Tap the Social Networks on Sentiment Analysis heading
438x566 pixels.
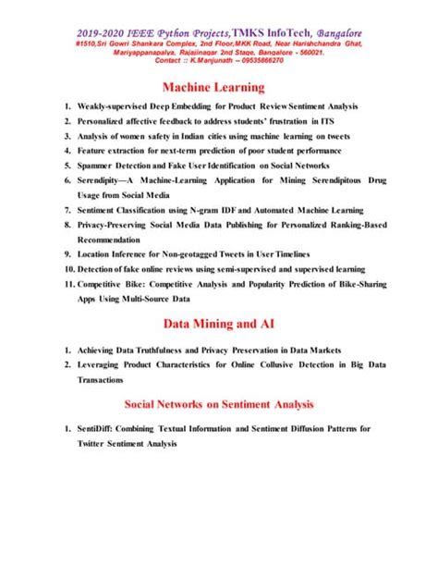(x=219, y=404)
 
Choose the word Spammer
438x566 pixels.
(x=101, y=165)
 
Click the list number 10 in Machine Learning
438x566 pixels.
(x=68, y=267)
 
